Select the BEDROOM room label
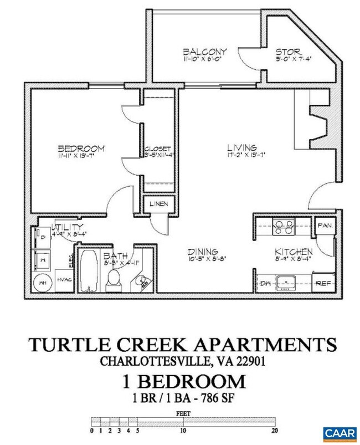pyautogui.click(x=81, y=149)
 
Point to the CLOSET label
pyautogui.click(x=157, y=149)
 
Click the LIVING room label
pyautogui.click(x=241, y=148)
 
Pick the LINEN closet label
pyautogui.click(x=159, y=204)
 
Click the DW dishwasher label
pyautogui.click(x=265, y=283)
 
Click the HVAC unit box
pyautogui.click(x=64, y=282)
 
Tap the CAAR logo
pyautogui.click(x=340, y=431)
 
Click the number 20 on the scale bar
pyautogui.click(x=273, y=429)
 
